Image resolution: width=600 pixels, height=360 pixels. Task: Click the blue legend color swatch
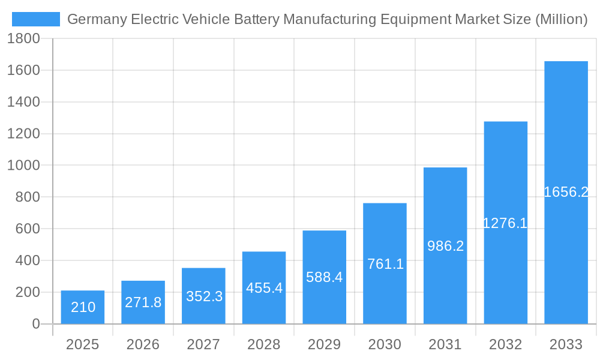coord(36,19)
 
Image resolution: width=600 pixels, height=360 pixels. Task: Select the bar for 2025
coord(83,307)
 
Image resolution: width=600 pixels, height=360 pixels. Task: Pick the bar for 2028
coord(264,288)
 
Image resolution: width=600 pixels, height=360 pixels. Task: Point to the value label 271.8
coord(143,302)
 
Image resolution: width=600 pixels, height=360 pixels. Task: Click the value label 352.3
coord(204,296)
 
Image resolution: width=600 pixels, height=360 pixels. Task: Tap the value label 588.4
coord(325,277)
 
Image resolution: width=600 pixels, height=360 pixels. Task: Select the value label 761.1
coord(385,263)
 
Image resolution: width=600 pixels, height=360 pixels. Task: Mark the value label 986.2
coord(445,246)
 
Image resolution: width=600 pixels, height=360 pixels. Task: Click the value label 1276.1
coord(505,223)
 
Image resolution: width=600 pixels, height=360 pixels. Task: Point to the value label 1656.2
coord(566,192)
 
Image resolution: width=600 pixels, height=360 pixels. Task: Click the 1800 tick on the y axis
coord(23,38)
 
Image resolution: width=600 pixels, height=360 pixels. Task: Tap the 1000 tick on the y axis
coord(23,165)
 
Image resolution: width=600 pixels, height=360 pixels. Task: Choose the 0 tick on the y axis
coord(35,324)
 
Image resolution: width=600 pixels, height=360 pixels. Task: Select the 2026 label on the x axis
coord(143,344)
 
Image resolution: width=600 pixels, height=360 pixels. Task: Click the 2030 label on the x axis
coord(385,344)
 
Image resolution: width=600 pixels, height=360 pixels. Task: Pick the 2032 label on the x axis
coord(506,344)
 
